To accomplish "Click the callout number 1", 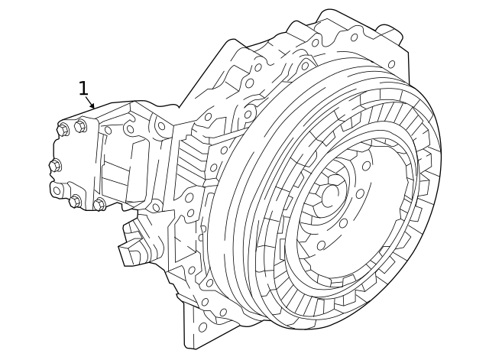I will [83, 89].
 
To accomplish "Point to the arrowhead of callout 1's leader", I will [94, 108].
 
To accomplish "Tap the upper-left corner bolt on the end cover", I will [63, 130].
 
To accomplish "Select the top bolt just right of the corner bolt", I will [80, 126].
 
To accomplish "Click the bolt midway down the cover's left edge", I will [55, 165].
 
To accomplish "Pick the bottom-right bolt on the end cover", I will [99, 204].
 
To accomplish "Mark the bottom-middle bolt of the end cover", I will [76, 201].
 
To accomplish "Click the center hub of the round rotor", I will [331, 196].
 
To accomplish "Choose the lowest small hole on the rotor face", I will [321, 245].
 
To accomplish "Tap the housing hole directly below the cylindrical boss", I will [391, 64].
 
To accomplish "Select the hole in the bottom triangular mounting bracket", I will [202, 327].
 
